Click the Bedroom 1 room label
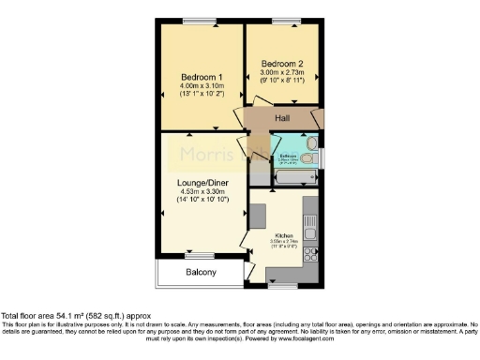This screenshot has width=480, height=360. [x=202, y=76]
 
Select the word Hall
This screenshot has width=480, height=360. [x=282, y=118]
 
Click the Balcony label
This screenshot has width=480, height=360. [x=200, y=272]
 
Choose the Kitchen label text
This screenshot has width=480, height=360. [x=284, y=234]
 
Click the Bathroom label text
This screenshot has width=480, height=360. [x=288, y=156]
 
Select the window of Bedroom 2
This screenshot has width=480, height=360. [x=277, y=21]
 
